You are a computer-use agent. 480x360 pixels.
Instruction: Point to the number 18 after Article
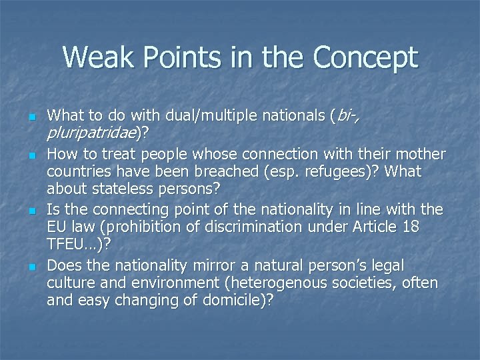point(409,227)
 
